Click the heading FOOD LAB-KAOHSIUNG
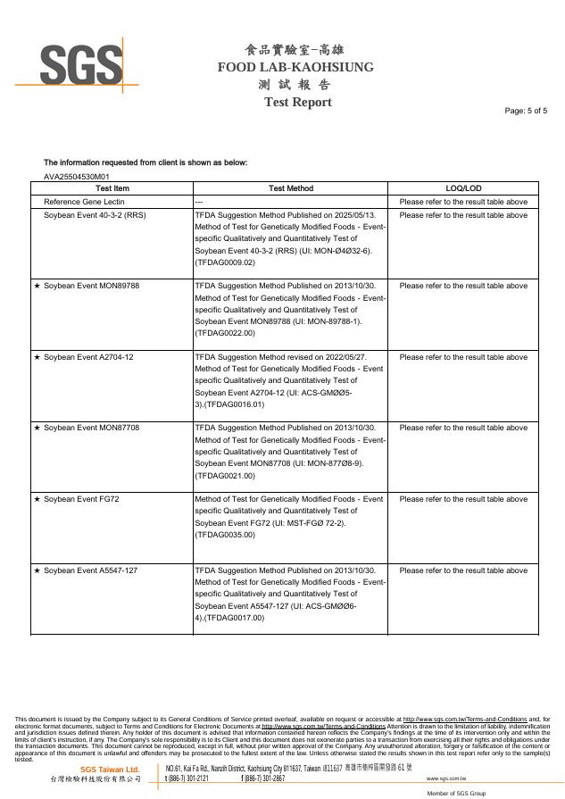point(295,67)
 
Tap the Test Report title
point(298,103)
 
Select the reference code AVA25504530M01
point(77,177)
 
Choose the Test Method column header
point(291,188)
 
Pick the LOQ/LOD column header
point(463,188)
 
